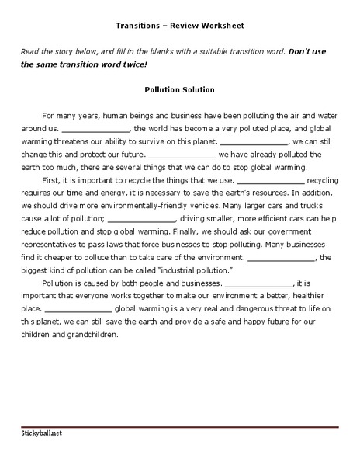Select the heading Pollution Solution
[x=179, y=89]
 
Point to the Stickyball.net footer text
[x=42, y=433]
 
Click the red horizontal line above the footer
[x=180, y=426]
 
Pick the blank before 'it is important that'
[x=258, y=283]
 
